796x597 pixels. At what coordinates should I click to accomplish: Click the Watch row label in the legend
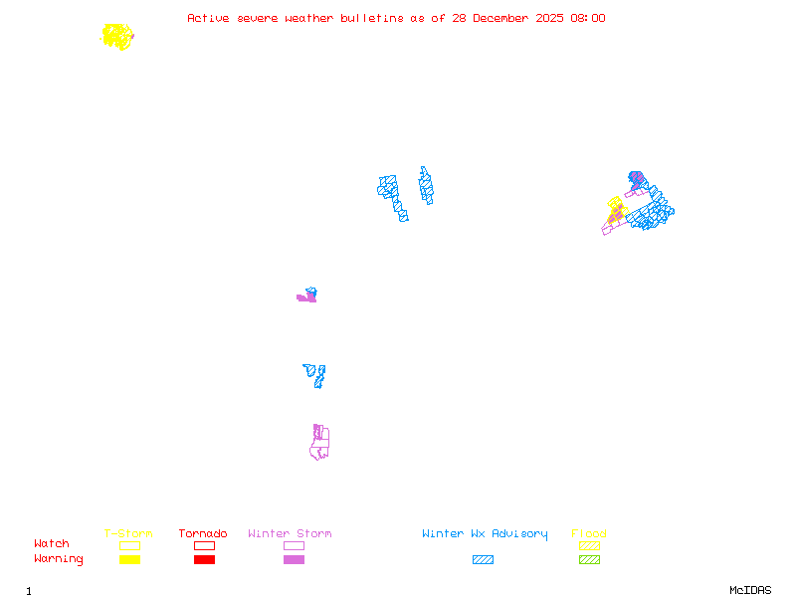point(52,544)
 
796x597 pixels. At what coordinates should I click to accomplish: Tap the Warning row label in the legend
point(58,559)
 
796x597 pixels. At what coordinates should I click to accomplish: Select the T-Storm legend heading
point(128,534)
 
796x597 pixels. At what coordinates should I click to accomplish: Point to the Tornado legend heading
point(203,534)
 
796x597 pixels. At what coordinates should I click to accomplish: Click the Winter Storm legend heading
point(290,534)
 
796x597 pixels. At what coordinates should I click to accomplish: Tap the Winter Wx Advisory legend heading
point(485,534)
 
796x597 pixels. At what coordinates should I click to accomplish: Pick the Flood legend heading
point(589,534)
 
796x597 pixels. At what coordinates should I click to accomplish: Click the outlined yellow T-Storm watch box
point(129,545)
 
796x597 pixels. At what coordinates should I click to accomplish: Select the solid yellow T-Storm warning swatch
point(129,560)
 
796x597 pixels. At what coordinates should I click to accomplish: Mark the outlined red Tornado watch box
point(204,545)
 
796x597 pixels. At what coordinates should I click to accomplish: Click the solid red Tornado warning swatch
point(204,560)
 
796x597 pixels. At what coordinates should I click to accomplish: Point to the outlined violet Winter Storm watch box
point(294,545)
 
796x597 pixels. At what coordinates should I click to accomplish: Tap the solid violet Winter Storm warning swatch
point(294,560)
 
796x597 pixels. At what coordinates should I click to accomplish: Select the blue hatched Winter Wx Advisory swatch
point(483,560)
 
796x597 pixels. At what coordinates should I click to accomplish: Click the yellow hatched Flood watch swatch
point(589,545)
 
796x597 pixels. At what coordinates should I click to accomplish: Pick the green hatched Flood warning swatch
point(589,560)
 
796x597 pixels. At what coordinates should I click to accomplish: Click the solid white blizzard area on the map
point(411,195)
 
